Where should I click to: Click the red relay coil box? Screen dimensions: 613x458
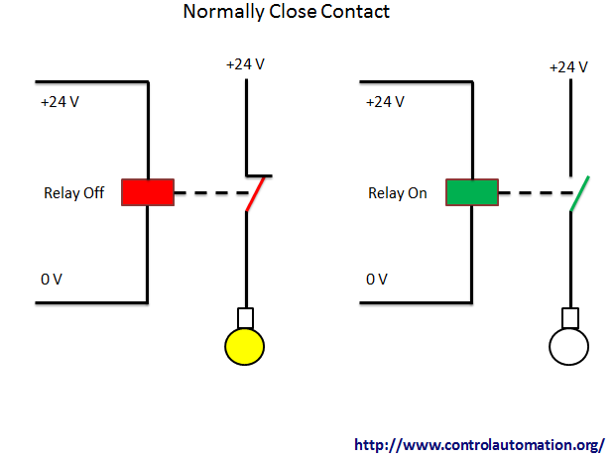148,192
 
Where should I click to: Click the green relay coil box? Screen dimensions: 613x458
472,192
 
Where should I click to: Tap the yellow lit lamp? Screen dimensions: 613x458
245,347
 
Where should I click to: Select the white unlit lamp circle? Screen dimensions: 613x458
568,347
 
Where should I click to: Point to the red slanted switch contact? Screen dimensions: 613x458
255,194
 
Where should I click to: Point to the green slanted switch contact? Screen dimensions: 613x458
579,194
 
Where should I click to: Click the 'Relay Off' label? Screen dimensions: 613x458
73,193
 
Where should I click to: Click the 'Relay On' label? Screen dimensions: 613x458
398,193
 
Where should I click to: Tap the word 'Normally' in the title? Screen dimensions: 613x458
223,12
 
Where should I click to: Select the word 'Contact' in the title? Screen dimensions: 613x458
355,11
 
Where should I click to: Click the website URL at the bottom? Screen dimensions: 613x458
480,445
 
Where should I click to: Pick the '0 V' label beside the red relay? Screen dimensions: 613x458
52,279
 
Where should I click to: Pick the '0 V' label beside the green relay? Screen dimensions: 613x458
377,279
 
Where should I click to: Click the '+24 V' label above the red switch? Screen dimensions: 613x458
246,64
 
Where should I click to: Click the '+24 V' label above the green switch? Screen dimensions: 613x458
568,67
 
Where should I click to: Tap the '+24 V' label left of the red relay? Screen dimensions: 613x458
60,102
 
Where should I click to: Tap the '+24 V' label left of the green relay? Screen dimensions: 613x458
385,102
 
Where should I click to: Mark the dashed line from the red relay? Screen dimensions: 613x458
211,192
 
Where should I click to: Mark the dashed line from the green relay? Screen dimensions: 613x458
536,192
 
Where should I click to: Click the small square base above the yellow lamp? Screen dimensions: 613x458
246,318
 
